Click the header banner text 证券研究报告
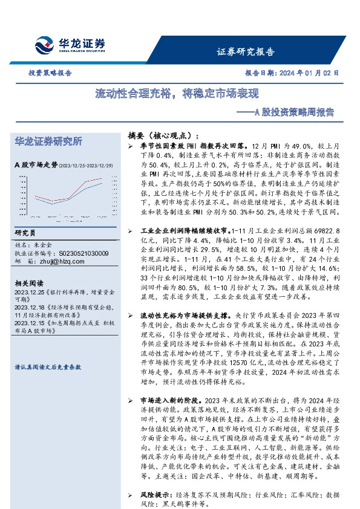(245, 51)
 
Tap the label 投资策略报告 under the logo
(50, 73)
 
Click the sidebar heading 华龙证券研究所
(48, 141)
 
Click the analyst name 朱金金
(44, 245)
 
